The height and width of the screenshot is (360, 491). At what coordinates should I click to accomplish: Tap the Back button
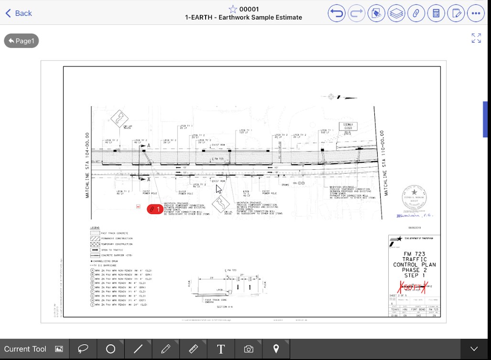[x=19, y=13]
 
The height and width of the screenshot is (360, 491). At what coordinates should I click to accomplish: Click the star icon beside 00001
[x=233, y=9]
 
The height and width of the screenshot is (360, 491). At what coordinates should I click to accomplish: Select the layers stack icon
[x=396, y=13]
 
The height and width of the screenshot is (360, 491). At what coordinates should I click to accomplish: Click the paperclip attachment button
[x=416, y=13]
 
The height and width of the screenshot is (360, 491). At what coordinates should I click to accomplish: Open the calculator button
[x=436, y=13]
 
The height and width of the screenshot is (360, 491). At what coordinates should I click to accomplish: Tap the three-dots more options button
[x=476, y=13]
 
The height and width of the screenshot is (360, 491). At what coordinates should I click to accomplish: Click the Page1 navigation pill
[x=22, y=41]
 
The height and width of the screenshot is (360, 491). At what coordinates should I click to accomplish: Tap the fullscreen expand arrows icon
[x=476, y=38]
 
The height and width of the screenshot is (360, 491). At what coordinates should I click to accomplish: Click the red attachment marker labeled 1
[x=155, y=209]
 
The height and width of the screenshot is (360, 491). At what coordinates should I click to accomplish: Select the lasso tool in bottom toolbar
[x=83, y=349]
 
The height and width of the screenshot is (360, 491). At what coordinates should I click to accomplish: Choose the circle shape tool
[x=110, y=349]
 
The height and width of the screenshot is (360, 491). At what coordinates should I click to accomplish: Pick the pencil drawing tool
[x=166, y=349]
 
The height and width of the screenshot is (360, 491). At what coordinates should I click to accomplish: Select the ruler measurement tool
[x=194, y=349]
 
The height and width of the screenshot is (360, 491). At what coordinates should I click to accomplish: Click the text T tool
[x=221, y=349]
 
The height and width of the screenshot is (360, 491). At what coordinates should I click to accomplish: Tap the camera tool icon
[x=249, y=349]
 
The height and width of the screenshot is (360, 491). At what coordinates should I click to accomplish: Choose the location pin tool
[x=276, y=349]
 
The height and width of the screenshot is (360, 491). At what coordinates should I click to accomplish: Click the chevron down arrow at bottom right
[x=474, y=349]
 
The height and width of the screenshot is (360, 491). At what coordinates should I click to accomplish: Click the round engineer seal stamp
[x=414, y=196]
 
